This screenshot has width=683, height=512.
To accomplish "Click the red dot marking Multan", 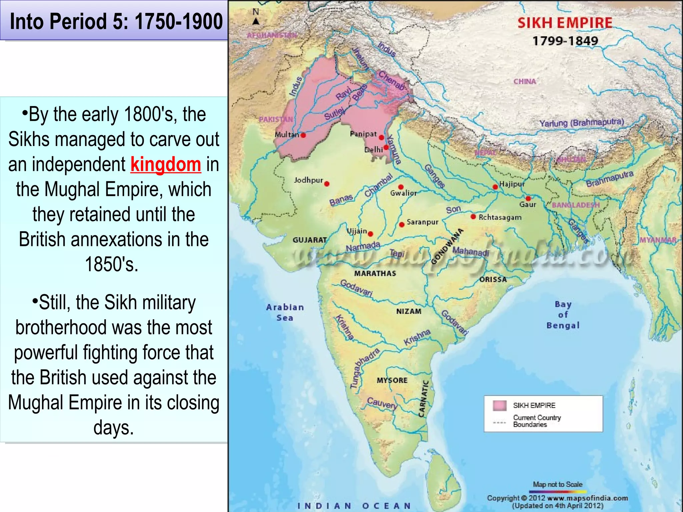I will pos(303,135).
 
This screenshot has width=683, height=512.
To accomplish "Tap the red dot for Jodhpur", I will pos(327,184).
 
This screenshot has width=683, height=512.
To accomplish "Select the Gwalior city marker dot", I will pos(401,187).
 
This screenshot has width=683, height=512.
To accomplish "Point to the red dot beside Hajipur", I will pos(495,187).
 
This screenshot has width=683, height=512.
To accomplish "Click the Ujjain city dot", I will pos(371,234).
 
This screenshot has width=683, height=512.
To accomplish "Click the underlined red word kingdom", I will pos(166,164).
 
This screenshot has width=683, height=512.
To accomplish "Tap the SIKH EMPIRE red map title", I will pos(565,23).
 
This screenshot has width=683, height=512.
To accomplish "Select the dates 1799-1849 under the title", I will pos(565,41).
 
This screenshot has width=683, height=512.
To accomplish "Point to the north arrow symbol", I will pos(256,21).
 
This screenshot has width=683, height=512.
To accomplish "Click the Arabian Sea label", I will pos(285,312).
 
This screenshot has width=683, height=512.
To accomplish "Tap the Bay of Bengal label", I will pos(563,315).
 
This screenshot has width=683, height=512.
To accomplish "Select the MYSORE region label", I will pos(392,380).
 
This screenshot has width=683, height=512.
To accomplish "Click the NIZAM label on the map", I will pos(409,311).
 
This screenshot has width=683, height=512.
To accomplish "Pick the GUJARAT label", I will pos(309,240).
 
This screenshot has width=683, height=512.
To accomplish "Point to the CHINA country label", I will pos(525,81).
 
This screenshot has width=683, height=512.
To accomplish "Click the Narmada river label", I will pos(363,247).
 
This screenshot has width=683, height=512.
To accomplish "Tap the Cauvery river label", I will pos(382,403).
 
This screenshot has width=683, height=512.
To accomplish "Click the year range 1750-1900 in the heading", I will pos(178,21).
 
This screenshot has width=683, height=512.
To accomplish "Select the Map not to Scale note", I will pos(558,484).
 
